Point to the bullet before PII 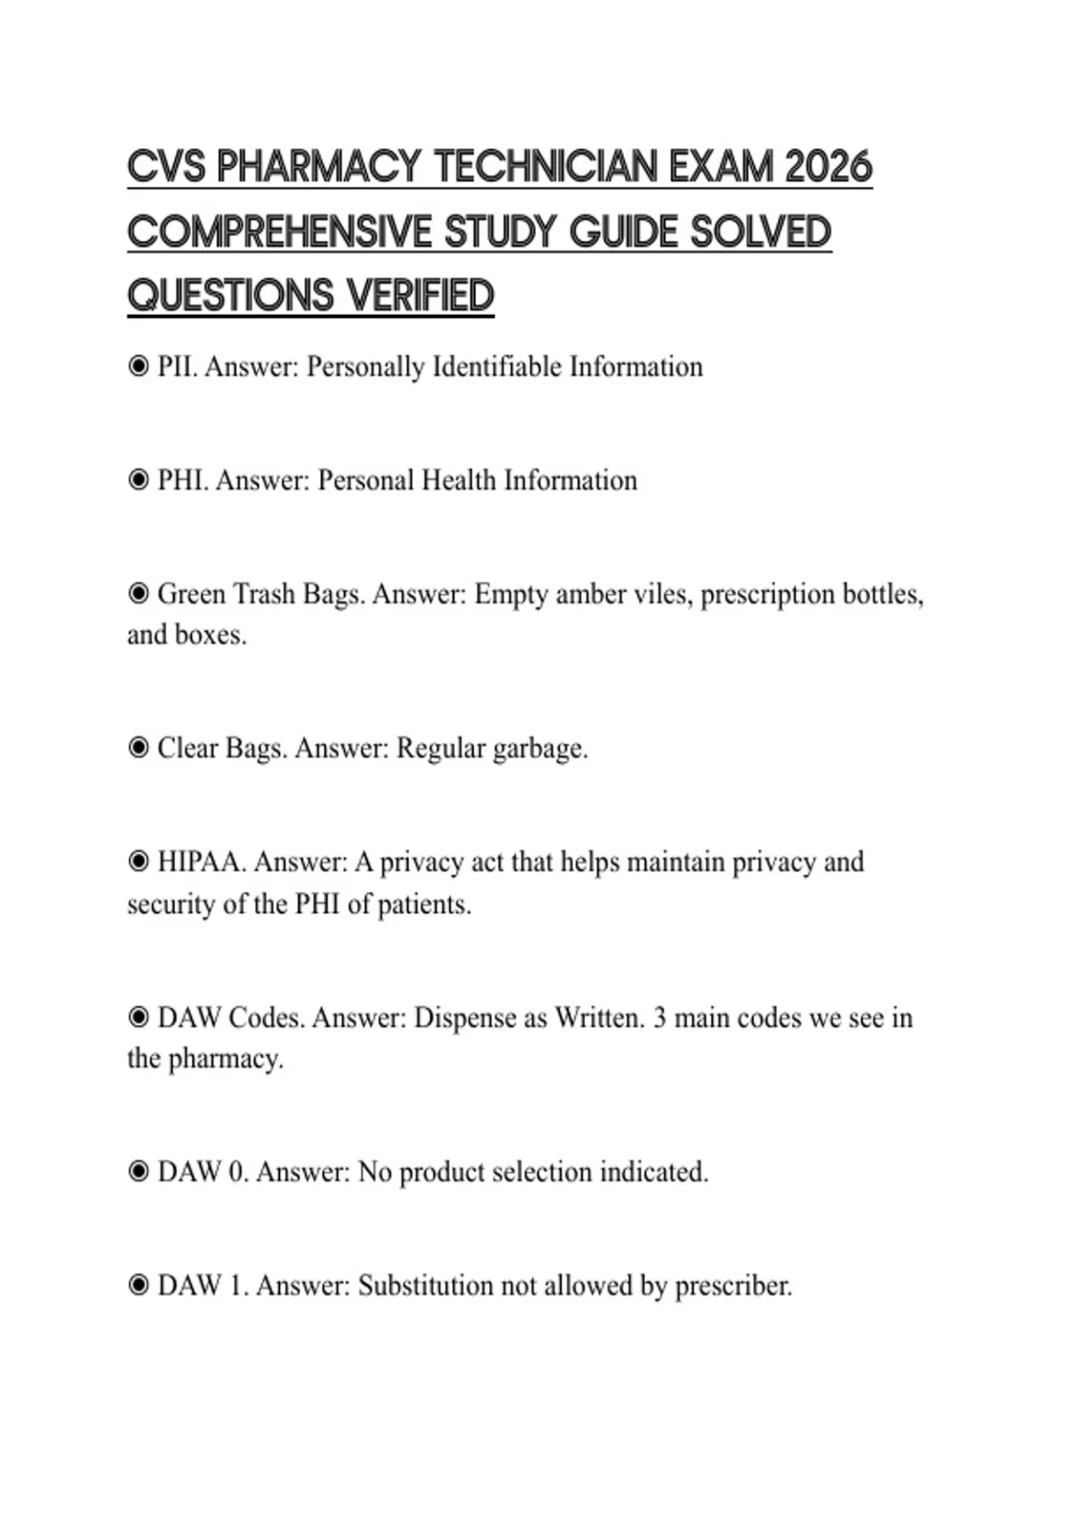pos(138,366)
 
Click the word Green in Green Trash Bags pos(191,594)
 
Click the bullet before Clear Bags pos(138,748)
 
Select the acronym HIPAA pos(200,862)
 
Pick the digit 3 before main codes pos(660,1018)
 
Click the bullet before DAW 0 pos(138,1171)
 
